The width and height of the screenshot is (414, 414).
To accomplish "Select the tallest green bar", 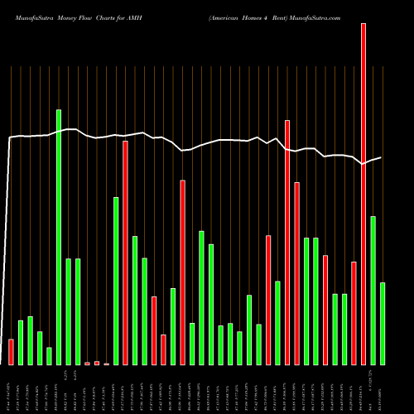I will (59, 237).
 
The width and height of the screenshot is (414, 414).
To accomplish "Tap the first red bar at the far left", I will (11, 352).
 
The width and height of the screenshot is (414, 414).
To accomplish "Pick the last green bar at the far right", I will (383, 324).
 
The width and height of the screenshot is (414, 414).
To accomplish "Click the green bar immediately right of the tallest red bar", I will (373, 291).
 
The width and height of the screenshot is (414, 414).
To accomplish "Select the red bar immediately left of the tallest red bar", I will (354, 313).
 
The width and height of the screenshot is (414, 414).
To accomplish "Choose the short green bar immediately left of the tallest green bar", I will (49, 356).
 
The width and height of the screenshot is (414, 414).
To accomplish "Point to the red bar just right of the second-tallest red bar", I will (296, 273).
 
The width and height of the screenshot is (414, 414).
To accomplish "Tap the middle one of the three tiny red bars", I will (97, 363).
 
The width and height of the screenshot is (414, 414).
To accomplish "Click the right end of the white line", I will (382, 157).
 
